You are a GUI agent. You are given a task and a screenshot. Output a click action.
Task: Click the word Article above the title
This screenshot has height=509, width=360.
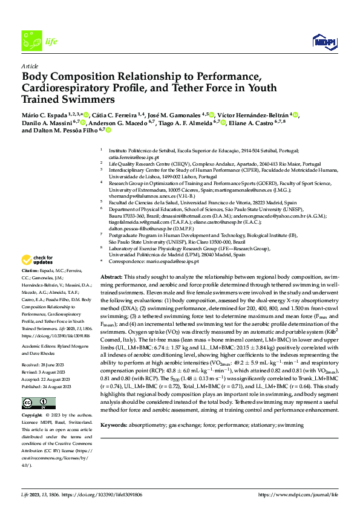pyautogui.click(x=30, y=65)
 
